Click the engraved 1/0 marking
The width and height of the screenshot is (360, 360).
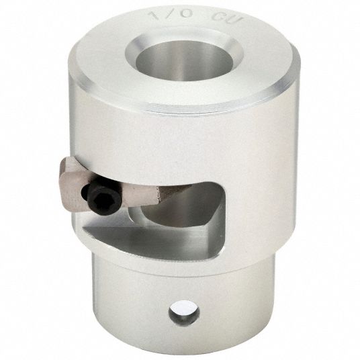tap(171, 14)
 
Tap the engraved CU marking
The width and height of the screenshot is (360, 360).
tap(226, 17)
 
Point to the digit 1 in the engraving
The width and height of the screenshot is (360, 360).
tap(154, 15)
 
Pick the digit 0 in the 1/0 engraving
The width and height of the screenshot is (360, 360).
tap(185, 13)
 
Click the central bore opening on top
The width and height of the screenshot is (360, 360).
tap(184, 60)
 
